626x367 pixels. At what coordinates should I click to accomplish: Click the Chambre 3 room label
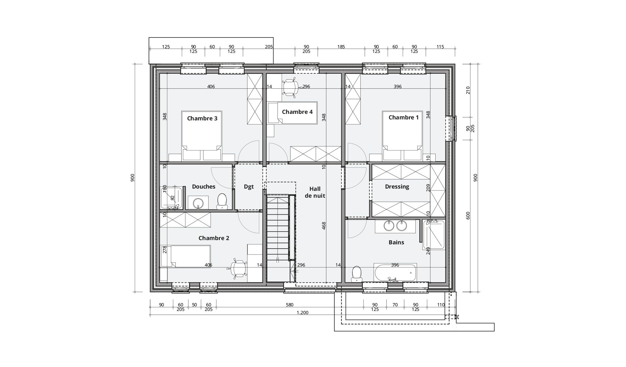point(202,118)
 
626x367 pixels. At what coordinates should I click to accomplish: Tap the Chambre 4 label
point(297,112)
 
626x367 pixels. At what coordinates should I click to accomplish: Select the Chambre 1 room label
point(404,117)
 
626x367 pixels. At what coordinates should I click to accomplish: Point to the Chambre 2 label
point(214,238)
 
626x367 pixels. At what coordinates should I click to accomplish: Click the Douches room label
point(204,187)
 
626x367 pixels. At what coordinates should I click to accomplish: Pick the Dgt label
point(249,187)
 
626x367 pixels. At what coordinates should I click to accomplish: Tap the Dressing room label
point(397,187)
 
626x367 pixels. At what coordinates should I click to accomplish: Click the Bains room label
point(396,242)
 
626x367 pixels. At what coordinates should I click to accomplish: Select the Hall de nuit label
point(315,192)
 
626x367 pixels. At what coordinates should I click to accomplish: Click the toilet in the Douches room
point(222,201)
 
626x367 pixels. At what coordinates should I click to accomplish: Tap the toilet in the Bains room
point(356,274)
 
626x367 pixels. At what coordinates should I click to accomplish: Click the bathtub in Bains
point(395,273)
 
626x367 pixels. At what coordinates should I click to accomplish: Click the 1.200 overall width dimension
point(302,313)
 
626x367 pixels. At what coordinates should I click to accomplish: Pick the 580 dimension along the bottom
point(290,305)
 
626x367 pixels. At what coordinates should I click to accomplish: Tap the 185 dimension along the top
point(341,47)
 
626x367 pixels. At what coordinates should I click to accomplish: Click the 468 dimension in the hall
point(324,226)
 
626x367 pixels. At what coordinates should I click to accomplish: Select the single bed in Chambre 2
point(185,256)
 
